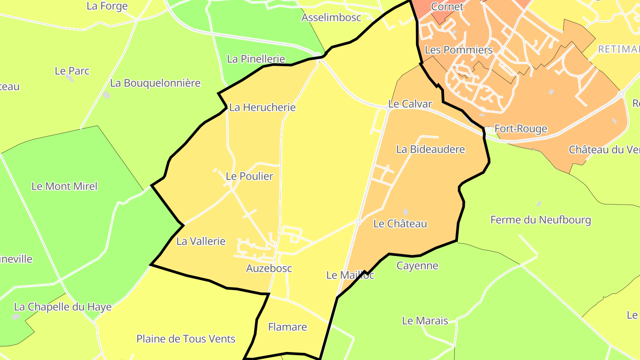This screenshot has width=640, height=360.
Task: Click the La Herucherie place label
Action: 262,107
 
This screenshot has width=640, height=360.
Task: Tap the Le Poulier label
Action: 249,176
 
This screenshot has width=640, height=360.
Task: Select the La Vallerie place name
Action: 201,241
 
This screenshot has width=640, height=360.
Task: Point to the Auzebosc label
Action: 269,268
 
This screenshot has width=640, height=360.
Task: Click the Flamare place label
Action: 288,327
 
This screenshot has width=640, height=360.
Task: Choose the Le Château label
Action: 400,224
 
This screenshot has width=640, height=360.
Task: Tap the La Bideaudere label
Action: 430,149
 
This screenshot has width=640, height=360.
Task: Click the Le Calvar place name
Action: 410,104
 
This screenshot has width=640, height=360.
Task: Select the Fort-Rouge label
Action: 520,129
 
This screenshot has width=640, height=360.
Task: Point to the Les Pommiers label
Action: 459,50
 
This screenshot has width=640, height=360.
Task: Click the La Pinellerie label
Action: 256,59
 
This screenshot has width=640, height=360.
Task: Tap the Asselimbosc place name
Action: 331,17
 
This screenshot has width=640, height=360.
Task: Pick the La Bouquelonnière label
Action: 155,83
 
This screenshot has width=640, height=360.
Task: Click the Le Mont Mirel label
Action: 64,186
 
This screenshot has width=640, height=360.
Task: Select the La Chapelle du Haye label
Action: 63,307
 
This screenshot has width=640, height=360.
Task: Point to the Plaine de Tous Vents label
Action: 186,339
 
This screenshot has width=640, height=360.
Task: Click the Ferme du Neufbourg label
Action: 540,220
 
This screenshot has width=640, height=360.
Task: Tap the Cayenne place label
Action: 417,266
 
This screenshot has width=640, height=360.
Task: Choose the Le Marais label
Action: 425,320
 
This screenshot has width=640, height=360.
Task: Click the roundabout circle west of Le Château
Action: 358,222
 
